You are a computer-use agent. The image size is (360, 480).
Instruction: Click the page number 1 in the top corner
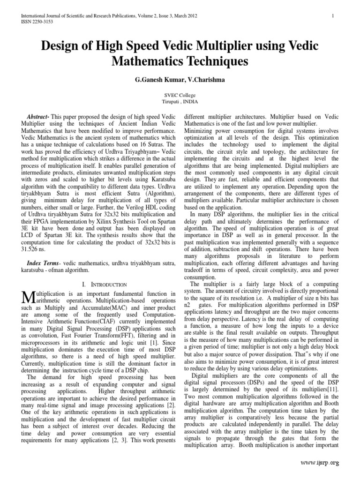pyautogui.click(x=332, y=16)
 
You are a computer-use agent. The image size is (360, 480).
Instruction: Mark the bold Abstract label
pyautogui.click(x=40, y=116)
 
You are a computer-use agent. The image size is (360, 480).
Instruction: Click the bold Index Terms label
pyautogui.click(x=47, y=262)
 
